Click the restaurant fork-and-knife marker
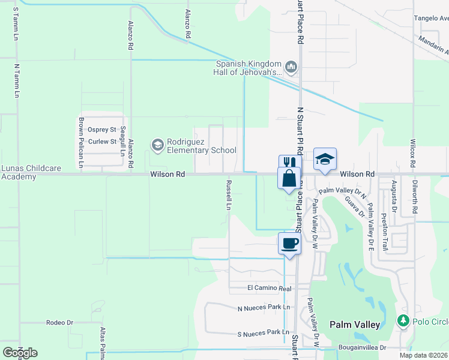288,163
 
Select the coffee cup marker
289,243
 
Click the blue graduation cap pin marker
325,159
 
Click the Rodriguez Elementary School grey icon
157,144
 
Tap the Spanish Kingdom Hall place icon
291,66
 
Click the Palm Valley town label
355,325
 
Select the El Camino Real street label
270,289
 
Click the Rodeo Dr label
59,323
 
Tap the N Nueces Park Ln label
264,308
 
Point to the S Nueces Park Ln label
264,332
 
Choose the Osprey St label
101,130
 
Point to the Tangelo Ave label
431,18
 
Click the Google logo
20,352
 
